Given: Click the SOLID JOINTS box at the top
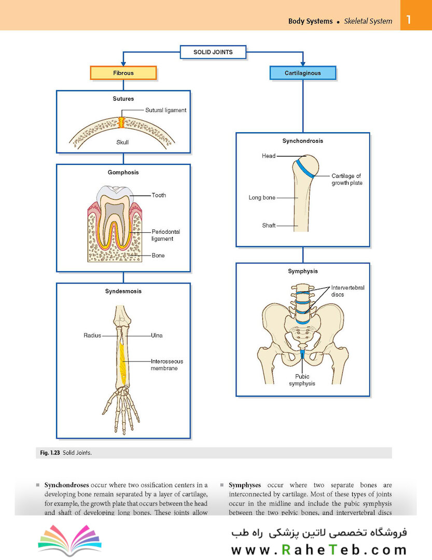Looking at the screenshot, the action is tap(213, 52).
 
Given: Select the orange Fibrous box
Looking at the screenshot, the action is tap(123, 73).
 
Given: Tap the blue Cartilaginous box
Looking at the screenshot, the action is tap(303, 73).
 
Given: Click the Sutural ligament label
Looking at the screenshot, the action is tap(166, 110).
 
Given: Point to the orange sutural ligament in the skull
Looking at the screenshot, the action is tap(121, 123).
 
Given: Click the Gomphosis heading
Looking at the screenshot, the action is tap(123, 172).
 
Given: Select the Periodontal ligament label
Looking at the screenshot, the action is tap(166, 235).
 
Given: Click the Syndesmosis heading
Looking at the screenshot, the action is tap(123, 291).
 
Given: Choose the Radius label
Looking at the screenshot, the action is tap(92, 335).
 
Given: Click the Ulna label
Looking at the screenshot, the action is tap(157, 335).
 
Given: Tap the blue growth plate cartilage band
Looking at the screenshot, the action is tap(304, 168).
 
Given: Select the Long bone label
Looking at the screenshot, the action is tap(262, 198).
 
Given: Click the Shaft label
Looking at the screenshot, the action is tap(269, 226).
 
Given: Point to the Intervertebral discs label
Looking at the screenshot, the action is tap(347, 291).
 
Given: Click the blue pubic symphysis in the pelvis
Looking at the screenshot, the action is tap(302, 354).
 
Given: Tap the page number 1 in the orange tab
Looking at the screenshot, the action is tap(409, 19).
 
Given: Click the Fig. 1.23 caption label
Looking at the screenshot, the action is tap(50, 453).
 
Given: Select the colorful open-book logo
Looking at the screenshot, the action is tap(69, 539).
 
